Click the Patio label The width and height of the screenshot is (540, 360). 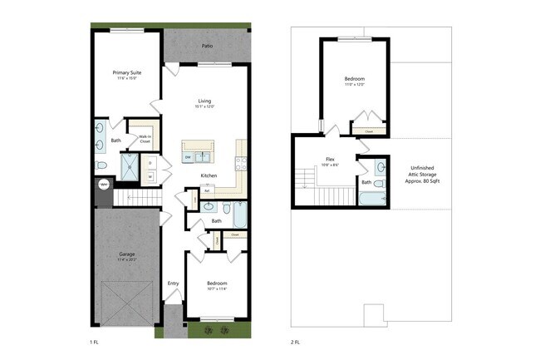pyautogui.click(x=206, y=46)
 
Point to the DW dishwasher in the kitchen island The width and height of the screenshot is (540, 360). pyautogui.click(x=189, y=157)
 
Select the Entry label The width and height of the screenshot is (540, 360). pyautogui.click(x=173, y=284)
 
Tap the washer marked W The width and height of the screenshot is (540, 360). pyautogui.click(x=150, y=176)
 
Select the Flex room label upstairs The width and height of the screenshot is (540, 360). pyautogui.click(x=330, y=161)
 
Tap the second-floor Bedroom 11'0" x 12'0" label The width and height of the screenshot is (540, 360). pyautogui.click(x=354, y=81)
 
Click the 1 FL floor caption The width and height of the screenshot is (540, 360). pyautogui.click(x=94, y=342)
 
